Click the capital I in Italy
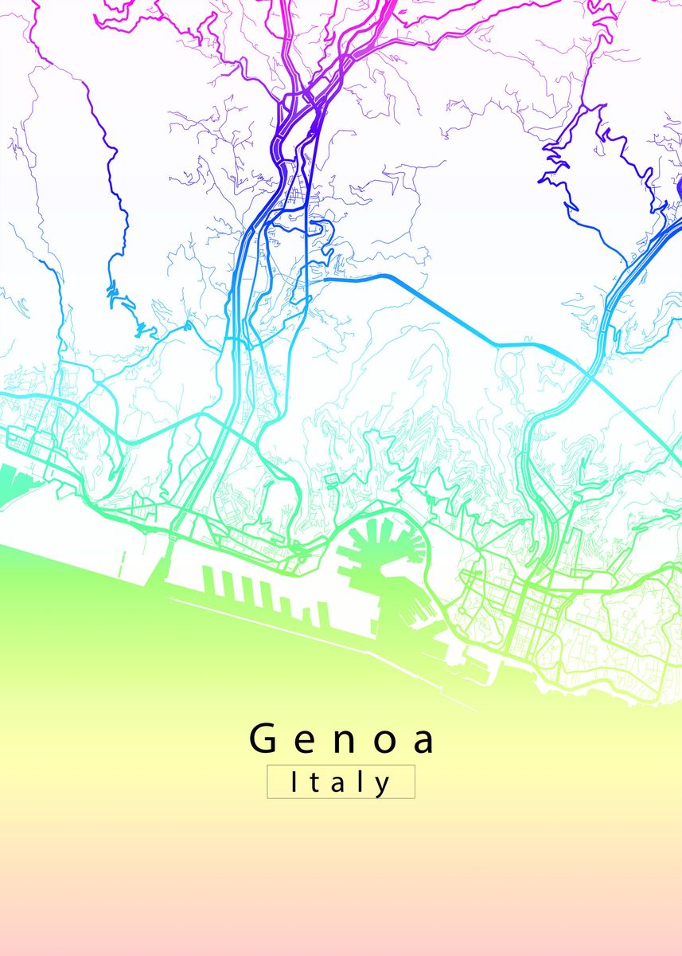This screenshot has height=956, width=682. (294, 782)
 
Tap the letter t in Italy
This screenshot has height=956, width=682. (314, 783)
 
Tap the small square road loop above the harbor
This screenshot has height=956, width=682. (330, 480)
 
